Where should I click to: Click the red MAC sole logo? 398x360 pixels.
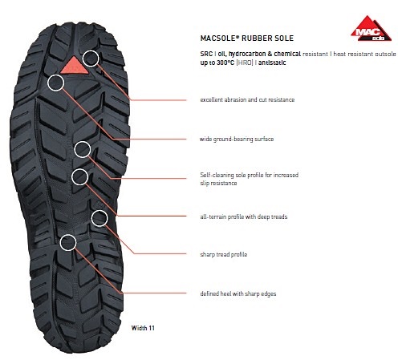click(371, 29)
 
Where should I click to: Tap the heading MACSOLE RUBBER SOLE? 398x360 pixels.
click(247, 38)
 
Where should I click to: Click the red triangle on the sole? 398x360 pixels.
click(74, 65)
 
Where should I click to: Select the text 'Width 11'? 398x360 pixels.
click(143, 328)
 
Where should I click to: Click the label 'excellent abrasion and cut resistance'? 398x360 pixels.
click(247, 99)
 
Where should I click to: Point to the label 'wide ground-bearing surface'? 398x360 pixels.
click(237, 139)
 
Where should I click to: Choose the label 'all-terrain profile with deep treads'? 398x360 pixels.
click(244, 216)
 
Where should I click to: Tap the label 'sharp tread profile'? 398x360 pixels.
click(224, 254)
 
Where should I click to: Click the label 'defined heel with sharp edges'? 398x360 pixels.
click(238, 293)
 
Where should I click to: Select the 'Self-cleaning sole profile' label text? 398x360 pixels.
click(250, 179)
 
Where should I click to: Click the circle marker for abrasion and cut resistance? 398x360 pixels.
click(91, 59)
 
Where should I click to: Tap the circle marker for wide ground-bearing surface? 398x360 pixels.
click(56, 83)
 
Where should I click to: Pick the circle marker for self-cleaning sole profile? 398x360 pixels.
click(83, 149)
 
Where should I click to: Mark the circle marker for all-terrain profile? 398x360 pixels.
click(80, 177)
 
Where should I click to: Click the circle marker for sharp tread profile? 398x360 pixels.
click(99, 218)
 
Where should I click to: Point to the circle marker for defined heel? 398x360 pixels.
click(68, 243)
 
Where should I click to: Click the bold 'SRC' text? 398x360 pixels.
click(206, 54)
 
